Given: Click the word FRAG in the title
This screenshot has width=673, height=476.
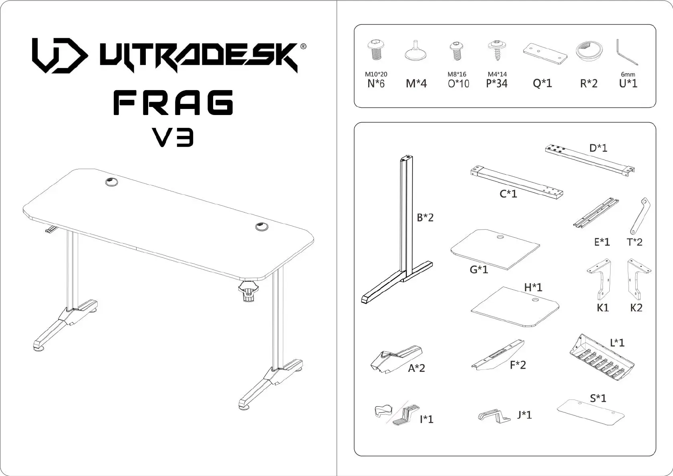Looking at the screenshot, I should click(173, 103).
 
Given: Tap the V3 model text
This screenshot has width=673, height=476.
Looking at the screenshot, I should click(173, 137).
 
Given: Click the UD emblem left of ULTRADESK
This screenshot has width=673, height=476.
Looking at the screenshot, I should click(60, 56).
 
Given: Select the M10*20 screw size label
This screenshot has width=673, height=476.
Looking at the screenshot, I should click(376, 74).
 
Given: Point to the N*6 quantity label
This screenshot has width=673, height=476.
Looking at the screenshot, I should click(376, 84).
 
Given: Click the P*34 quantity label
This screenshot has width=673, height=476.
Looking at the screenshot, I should click(497, 84).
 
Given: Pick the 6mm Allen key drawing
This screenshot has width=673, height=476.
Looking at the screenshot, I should click(627, 52).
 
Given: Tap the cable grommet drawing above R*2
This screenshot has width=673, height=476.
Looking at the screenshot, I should click(588, 51).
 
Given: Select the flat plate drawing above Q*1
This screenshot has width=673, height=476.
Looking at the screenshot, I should click(545, 53).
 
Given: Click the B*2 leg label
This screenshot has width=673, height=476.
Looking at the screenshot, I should click(425, 218).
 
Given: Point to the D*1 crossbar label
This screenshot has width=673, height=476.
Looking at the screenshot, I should click(598, 148).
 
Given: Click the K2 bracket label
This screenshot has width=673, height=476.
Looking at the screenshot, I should click(636, 308).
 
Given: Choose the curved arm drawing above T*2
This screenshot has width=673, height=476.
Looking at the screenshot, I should click(640, 216).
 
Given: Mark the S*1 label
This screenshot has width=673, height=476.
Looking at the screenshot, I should click(598, 398).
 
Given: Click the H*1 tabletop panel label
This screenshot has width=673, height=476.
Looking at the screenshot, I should click(533, 287).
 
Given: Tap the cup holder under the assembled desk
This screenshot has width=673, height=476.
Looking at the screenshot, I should click(248, 292).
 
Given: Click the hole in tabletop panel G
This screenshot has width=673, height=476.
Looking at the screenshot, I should click(501, 237).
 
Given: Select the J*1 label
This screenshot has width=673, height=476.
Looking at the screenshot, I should click(524, 415).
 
